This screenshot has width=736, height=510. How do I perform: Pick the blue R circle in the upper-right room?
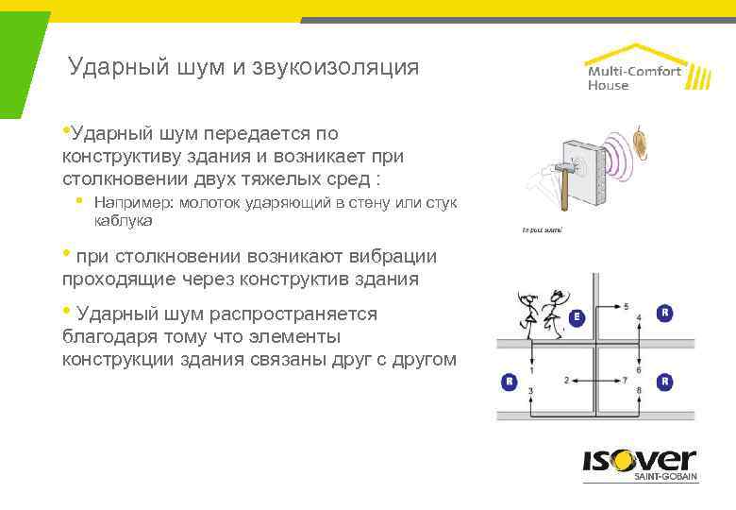pos(666,312)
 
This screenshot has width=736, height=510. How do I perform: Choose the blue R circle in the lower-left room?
pos(509,382)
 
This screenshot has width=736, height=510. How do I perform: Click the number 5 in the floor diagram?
pos(627,307)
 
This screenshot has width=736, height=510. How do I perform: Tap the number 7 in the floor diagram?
pos(627,380)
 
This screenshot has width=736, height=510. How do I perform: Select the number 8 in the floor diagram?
pos(640,391)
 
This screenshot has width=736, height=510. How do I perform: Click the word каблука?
pos(124,220)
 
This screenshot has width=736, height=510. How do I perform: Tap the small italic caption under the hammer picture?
pos(542,229)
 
